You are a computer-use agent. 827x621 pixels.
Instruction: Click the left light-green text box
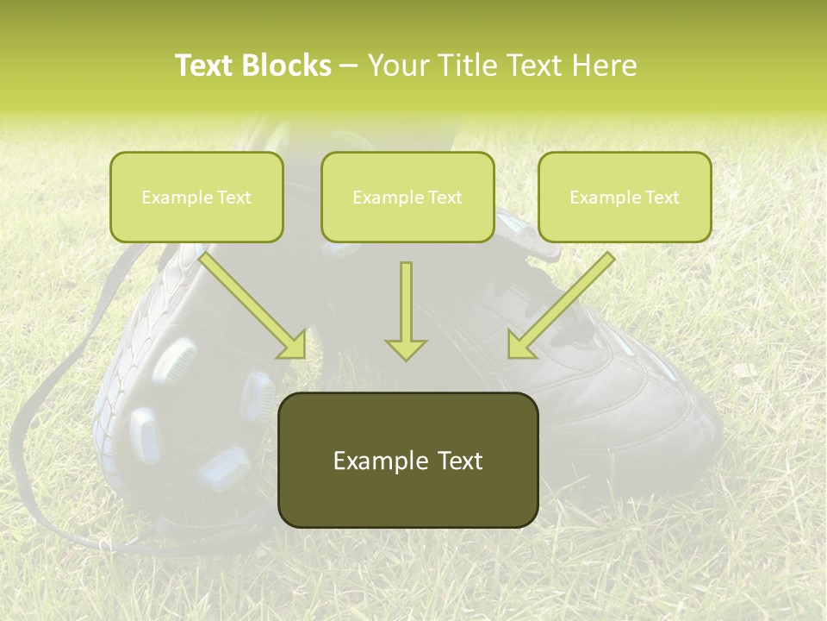click(x=196, y=197)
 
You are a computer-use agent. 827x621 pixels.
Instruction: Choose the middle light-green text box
click(x=407, y=197)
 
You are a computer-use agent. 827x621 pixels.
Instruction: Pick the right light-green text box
click(x=625, y=197)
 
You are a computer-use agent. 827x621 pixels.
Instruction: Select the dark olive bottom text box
click(x=407, y=460)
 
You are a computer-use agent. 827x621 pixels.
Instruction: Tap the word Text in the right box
click(x=662, y=198)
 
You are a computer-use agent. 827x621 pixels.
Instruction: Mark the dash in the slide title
click(x=349, y=66)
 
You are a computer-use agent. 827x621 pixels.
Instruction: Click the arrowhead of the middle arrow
click(x=406, y=348)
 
